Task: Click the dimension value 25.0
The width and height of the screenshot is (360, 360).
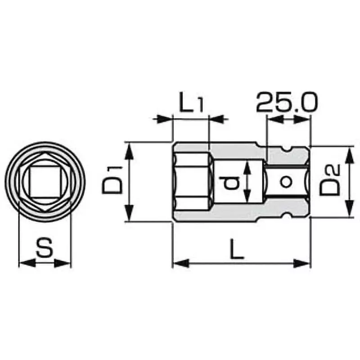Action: tap(287, 103)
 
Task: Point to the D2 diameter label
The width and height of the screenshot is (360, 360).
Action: tap(330, 182)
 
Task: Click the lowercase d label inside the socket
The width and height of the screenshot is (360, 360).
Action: tap(231, 183)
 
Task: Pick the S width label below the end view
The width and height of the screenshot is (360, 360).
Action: tap(44, 247)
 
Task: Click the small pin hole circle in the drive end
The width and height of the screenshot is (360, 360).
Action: tap(284, 182)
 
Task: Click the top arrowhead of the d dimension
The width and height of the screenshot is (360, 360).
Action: tap(247, 167)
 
